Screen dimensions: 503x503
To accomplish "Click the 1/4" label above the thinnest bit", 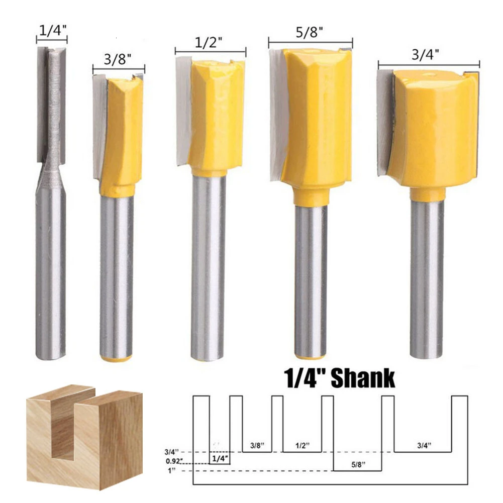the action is pos(53,31).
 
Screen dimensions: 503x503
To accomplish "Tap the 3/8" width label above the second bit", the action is pos(118,60).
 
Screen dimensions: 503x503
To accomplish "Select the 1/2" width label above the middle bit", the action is pos(209,42).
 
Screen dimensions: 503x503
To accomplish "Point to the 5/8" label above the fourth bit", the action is pos(309,32).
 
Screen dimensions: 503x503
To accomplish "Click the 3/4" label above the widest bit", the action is pos(426,55).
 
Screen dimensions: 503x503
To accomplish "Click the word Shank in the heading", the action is pos(362,378).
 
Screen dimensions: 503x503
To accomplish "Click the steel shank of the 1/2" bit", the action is pos(208,266).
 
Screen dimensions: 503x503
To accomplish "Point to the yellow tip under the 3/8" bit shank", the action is pos(116,358).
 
